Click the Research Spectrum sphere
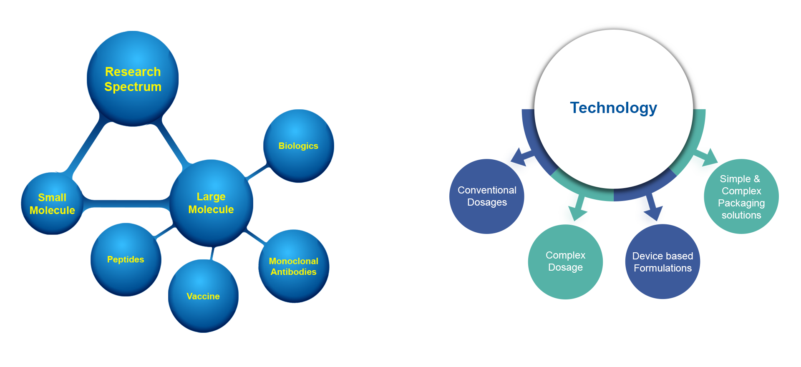click(133, 79)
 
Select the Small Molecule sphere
click(53, 204)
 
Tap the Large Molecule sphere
click(211, 203)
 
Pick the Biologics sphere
click(298, 146)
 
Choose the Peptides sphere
click(126, 259)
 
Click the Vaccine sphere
click(203, 296)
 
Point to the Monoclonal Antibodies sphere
click(294, 266)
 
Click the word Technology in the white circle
click(613, 108)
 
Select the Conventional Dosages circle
click(487, 196)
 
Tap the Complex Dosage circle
click(565, 261)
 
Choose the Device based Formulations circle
click(662, 262)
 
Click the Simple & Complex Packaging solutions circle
click(741, 197)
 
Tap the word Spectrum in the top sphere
click(133, 87)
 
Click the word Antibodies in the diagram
click(294, 272)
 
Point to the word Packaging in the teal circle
click(741, 203)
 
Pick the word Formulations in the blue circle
click(662, 268)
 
